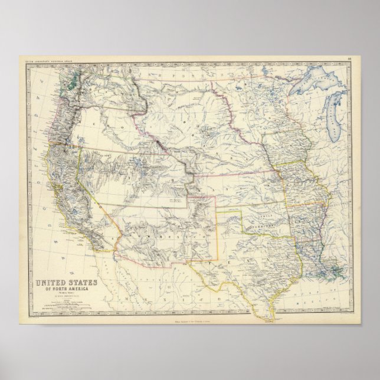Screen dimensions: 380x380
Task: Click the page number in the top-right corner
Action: [349, 58]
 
